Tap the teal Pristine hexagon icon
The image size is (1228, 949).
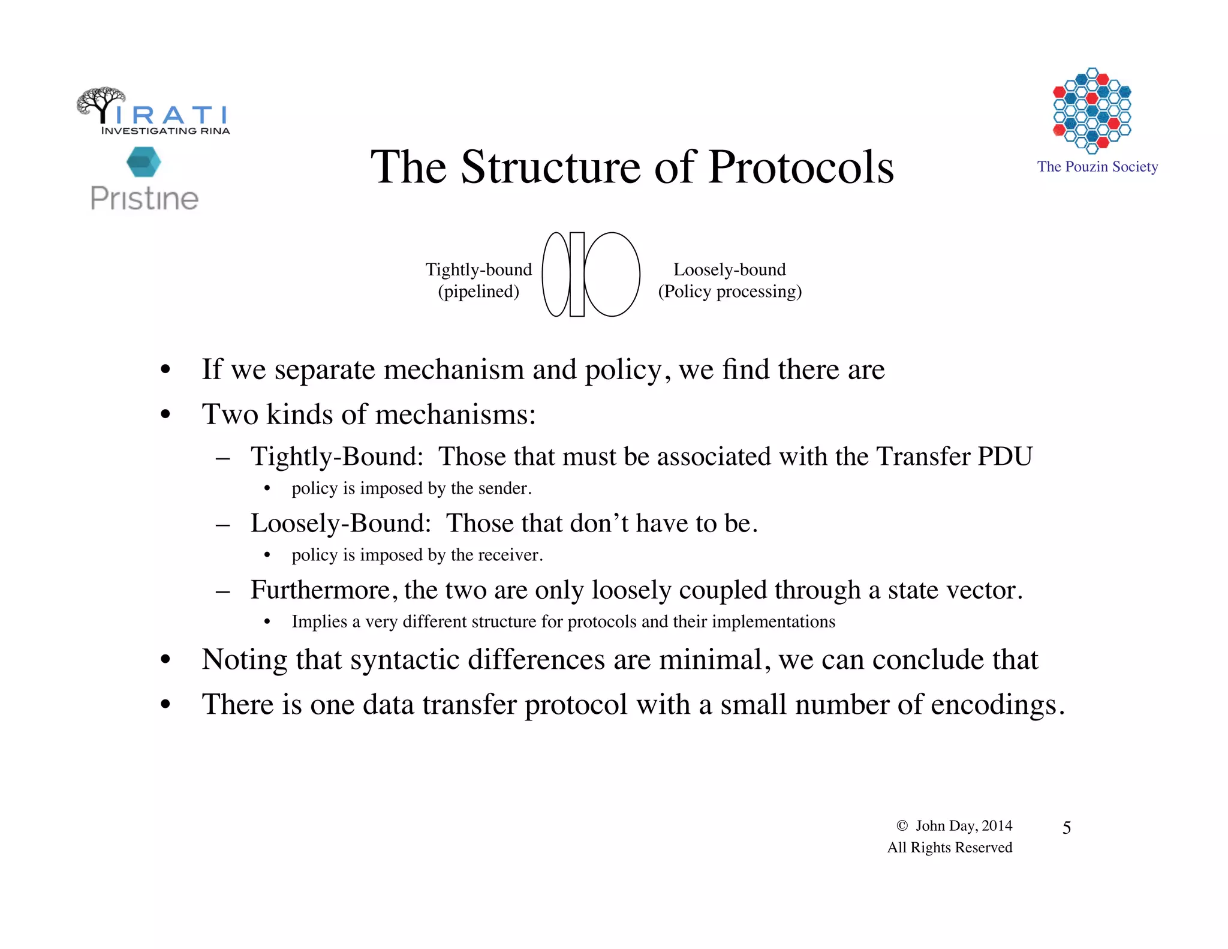point(144,162)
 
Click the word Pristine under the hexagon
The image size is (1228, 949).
point(144,199)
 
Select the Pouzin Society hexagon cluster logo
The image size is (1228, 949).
point(1092,110)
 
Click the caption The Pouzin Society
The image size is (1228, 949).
point(1097,167)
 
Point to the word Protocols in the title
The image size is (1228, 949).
point(800,167)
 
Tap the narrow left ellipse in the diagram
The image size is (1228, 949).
point(556,274)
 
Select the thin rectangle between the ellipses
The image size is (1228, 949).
point(577,274)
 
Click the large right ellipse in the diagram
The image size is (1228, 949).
point(612,274)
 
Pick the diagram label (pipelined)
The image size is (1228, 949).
point(478,292)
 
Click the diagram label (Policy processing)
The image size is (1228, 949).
point(730,292)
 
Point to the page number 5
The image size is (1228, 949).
point(1067,828)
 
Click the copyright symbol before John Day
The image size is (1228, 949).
point(902,826)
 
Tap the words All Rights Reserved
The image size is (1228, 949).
point(950,848)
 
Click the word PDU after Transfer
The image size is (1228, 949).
point(1005,457)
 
